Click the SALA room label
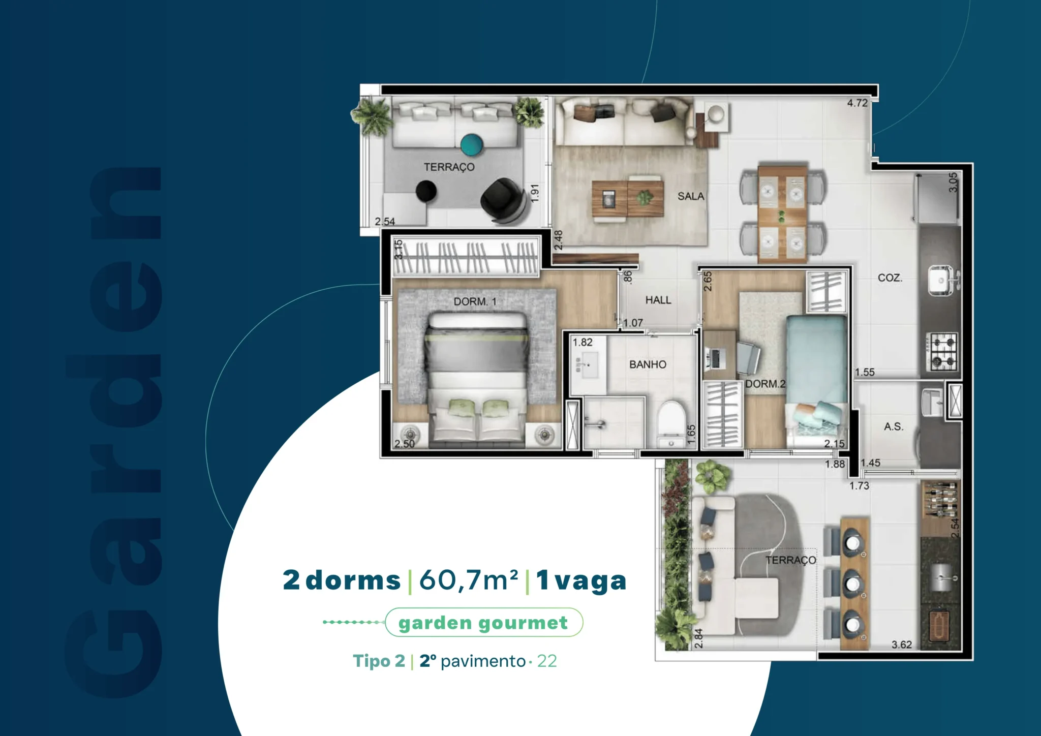[x=691, y=196]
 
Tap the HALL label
[x=658, y=300]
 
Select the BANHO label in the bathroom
[x=648, y=364]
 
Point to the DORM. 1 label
[x=475, y=301]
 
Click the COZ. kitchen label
[x=890, y=278]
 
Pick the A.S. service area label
[x=894, y=426]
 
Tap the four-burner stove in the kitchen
[x=942, y=351]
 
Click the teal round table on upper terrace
[x=473, y=144]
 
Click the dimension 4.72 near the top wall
[x=857, y=103]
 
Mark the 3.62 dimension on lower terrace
[x=902, y=645]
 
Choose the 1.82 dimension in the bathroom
[x=583, y=342]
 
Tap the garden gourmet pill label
[x=483, y=623]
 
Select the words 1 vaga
[x=581, y=580]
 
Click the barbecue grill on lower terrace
[x=939, y=626]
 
